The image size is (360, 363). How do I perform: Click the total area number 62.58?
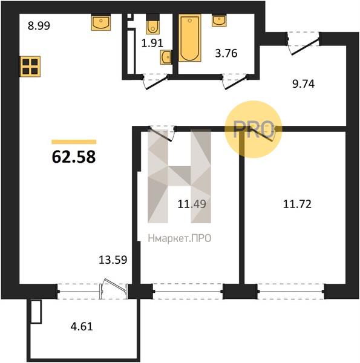click(74, 157)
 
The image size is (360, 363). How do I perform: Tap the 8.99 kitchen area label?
click(39, 25)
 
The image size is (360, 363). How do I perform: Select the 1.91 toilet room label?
click(152, 43)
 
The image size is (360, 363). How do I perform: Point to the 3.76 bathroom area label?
click(226, 53)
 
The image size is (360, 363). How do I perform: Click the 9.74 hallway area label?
click(303, 84)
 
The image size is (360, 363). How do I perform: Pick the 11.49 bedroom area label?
click(192, 204)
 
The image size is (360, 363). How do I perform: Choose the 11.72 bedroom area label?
click(297, 204)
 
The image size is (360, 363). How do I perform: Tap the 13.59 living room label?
click(113, 260)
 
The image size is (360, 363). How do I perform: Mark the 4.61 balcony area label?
click(82, 327)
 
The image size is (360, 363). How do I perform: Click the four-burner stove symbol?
click(30, 67)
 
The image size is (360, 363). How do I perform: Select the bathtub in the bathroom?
click(189, 38)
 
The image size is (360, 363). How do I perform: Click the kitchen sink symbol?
click(100, 22)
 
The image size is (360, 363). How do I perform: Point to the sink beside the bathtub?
click(219, 21)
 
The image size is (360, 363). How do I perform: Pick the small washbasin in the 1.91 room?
click(166, 57)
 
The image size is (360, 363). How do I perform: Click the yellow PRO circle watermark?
click(254, 129)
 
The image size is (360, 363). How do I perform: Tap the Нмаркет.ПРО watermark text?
click(180, 238)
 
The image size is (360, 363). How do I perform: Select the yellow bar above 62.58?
click(74, 142)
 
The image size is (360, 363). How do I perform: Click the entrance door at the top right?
click(303, 44)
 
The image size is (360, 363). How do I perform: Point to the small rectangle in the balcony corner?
click(36, 312)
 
